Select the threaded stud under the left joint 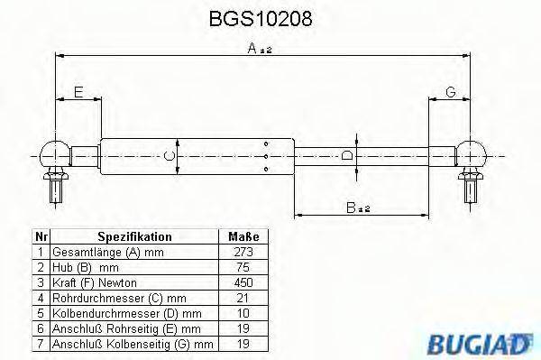(x=56, y=187)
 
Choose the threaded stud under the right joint (x=470, y=187)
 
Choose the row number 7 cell (x=40, y=344)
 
